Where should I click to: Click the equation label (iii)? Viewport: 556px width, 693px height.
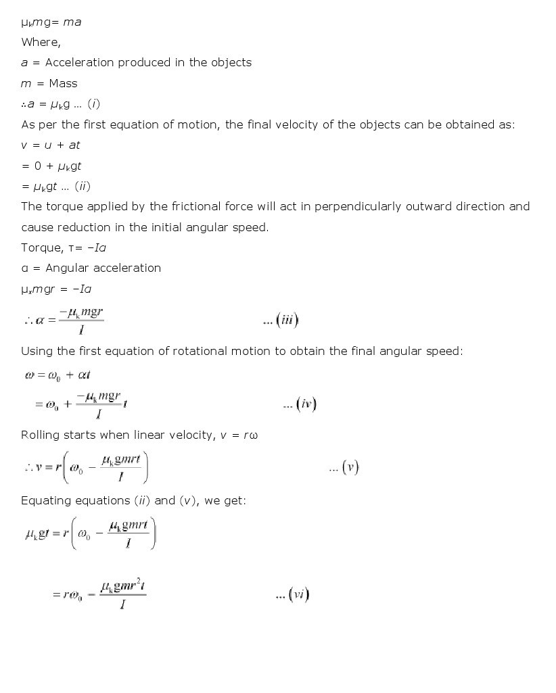[281, 320]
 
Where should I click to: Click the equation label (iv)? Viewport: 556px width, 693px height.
[300, 404]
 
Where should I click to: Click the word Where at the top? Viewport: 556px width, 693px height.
[40, 42]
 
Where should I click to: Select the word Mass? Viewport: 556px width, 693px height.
[64, 83]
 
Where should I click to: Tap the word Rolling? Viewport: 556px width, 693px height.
[42, 435]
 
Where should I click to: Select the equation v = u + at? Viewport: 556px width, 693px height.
[51, 145]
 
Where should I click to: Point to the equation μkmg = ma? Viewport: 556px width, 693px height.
[51, 22]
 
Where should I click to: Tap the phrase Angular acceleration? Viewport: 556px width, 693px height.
[103, 268]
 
